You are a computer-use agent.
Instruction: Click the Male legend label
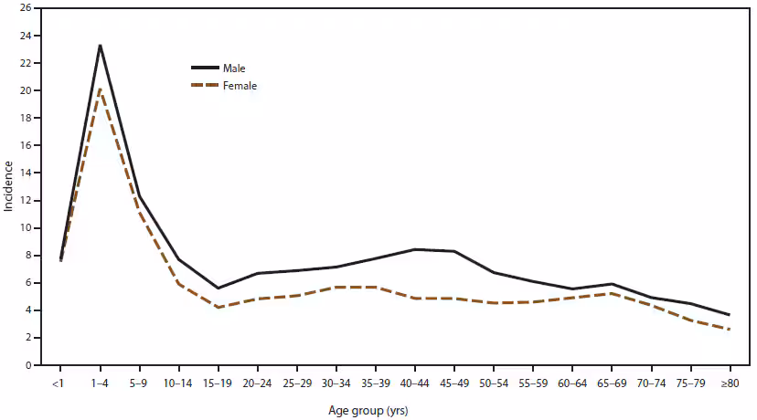[x=233, y=68]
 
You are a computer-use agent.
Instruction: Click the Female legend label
[x=239, y=86]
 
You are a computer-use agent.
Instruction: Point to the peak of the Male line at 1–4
[x=100, y=46]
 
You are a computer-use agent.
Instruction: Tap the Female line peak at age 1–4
[x=100, y=89]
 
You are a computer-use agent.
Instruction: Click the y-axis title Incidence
[x=8, y=186]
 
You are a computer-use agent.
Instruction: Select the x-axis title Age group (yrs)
[x=375, y=410]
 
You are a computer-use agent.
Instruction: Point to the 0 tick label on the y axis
[x=28, y=365]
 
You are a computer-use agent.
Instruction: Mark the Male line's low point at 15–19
[x=218, y=288]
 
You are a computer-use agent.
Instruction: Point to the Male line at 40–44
[x=415, y=249]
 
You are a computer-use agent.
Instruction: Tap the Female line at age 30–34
[x=336, y=287]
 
